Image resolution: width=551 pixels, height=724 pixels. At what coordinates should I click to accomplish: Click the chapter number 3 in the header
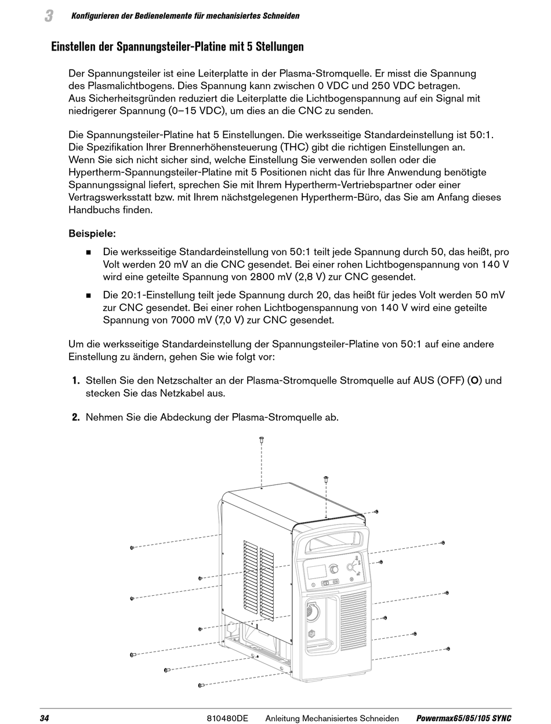[49, 16]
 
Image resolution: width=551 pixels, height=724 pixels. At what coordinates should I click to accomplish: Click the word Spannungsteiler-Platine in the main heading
[171, 46]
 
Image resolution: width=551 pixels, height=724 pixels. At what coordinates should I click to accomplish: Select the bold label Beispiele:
[92, 234]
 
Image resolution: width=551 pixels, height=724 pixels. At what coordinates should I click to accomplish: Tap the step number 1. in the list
[75, 381]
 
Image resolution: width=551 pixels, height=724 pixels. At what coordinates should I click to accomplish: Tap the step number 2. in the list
[75, 417]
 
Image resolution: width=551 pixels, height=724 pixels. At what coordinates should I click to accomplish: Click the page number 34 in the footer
[45, 718]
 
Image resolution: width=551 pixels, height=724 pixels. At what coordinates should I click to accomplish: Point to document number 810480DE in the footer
[227, 718]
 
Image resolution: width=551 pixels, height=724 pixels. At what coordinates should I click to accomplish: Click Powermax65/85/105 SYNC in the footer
[463, 718]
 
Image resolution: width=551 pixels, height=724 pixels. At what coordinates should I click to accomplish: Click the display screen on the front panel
[316, 571]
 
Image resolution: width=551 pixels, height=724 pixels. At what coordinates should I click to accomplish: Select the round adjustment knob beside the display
[334, 569]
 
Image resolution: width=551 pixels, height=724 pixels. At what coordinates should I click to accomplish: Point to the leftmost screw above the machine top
[261, 440]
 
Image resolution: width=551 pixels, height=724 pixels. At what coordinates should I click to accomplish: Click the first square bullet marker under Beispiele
[89, 252]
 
